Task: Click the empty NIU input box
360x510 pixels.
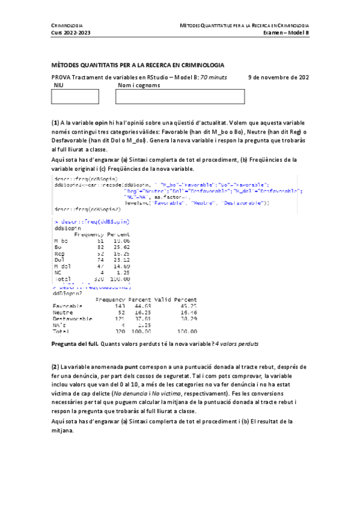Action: (x=75, y=96)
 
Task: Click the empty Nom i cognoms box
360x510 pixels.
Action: (x=181, y=96)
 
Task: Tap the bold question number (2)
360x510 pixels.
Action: (x=55, y=366)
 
